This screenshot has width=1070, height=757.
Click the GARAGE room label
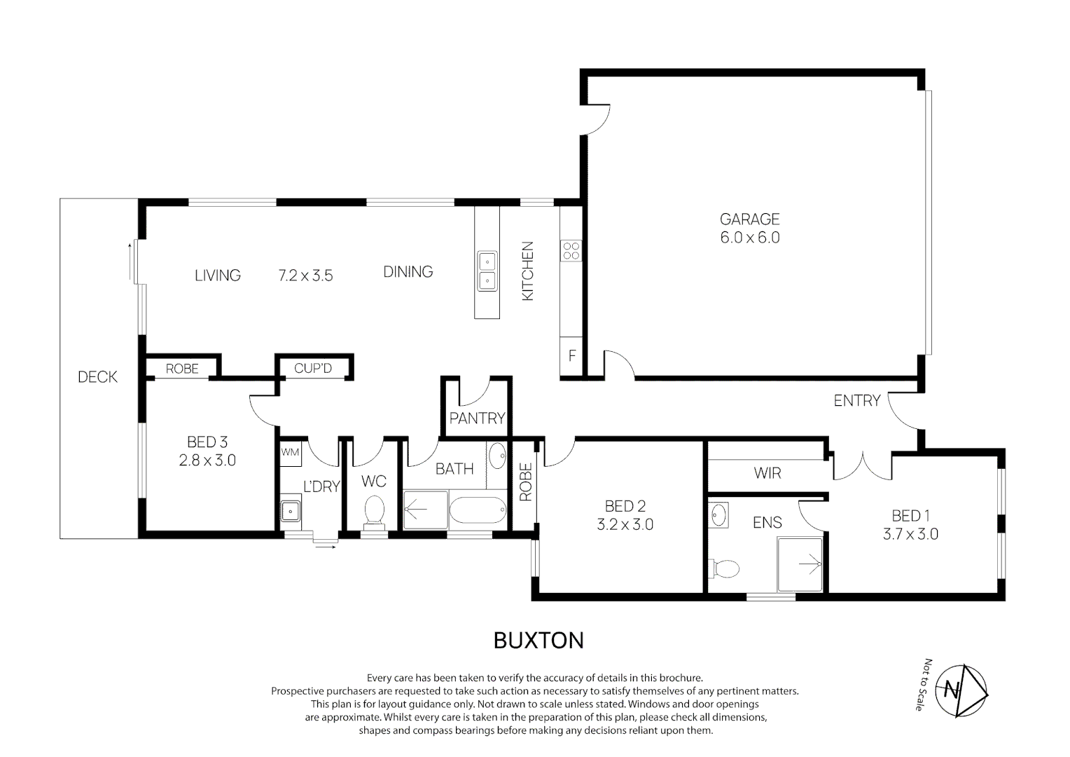(749, 219)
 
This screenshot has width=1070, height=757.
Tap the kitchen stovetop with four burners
(571, 250)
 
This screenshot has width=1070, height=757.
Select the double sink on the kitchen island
(487, 271)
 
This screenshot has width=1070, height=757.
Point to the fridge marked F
(571, 356)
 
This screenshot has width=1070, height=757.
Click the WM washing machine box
(291, 452)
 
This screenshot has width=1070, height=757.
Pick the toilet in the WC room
(374, 512)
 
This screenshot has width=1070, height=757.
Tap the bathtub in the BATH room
(478, 510)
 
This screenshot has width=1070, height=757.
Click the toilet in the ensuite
(723, 568)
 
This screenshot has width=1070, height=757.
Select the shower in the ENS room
(800, 565)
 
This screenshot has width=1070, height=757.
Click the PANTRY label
(477, 418)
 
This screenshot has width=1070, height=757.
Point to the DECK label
(97, 377)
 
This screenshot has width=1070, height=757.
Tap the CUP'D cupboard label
(313, 368)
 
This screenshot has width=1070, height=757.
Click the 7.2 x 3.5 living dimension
(305, 275)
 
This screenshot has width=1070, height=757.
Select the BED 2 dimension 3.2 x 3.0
(625, 524)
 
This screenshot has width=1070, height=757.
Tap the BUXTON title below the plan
(539, 641)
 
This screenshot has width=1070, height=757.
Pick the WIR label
(767, 473)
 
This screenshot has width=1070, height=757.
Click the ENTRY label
(857, 400)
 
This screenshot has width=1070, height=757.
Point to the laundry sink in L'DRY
(291, 511)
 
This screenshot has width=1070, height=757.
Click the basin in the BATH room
(497, 456)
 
